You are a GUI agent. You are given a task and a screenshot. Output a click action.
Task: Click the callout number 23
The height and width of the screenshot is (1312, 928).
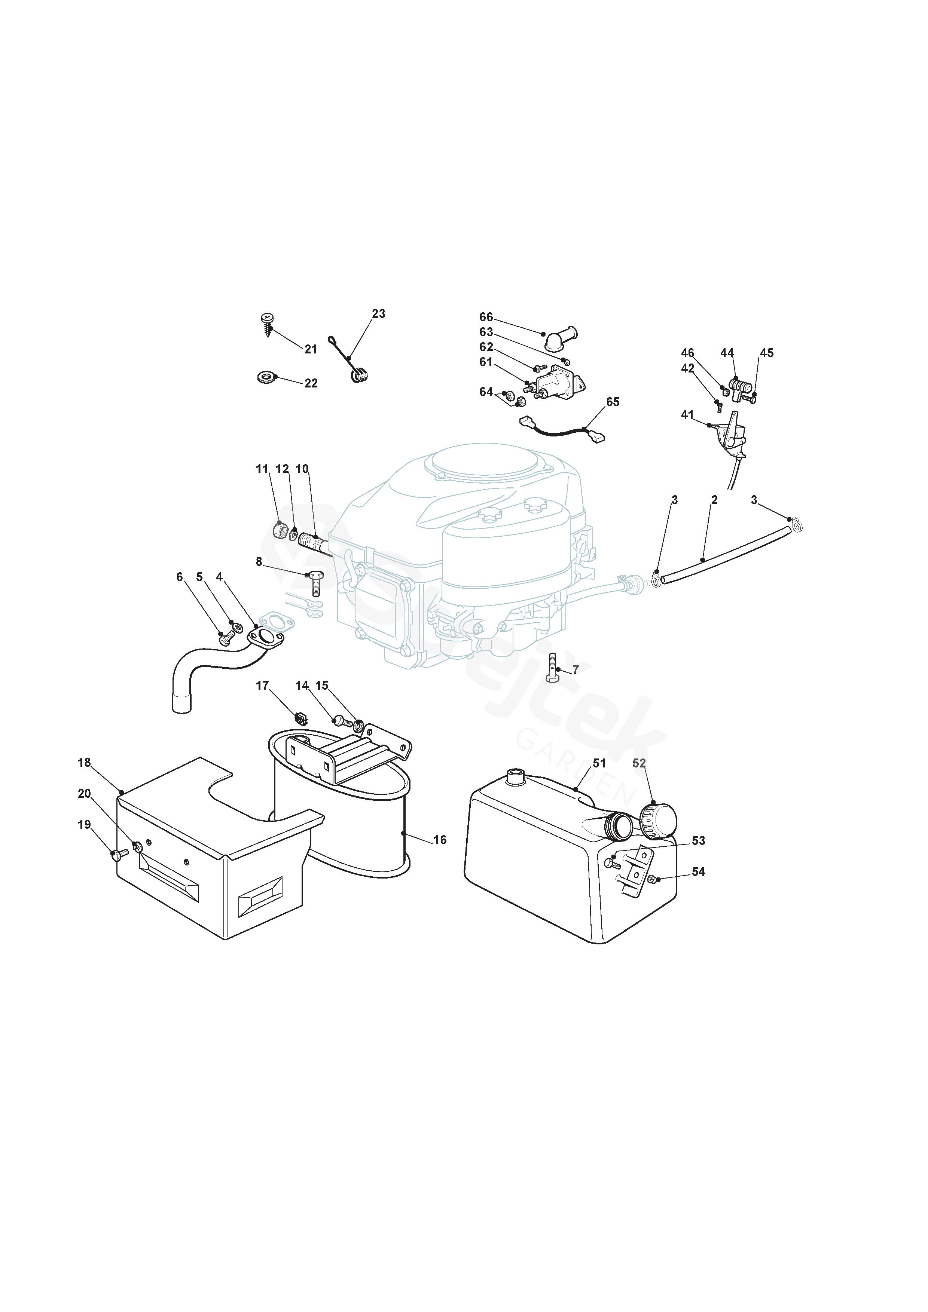[379, 314]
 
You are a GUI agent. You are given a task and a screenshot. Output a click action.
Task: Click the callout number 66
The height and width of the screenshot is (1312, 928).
[486, 317]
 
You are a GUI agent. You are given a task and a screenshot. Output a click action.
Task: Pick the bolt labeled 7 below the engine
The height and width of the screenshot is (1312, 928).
[552, 668]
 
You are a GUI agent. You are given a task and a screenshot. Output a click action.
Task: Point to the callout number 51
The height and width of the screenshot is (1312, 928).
[599, 763]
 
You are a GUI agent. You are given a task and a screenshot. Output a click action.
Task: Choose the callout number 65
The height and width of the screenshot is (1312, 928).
[613, 402]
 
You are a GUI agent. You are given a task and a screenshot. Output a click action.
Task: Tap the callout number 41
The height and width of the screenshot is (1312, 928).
[687, 414]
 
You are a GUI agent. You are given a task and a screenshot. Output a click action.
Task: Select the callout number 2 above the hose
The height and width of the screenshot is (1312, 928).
[714, 500]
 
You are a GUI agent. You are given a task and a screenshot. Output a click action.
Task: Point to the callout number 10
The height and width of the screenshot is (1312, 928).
[302, 469]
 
